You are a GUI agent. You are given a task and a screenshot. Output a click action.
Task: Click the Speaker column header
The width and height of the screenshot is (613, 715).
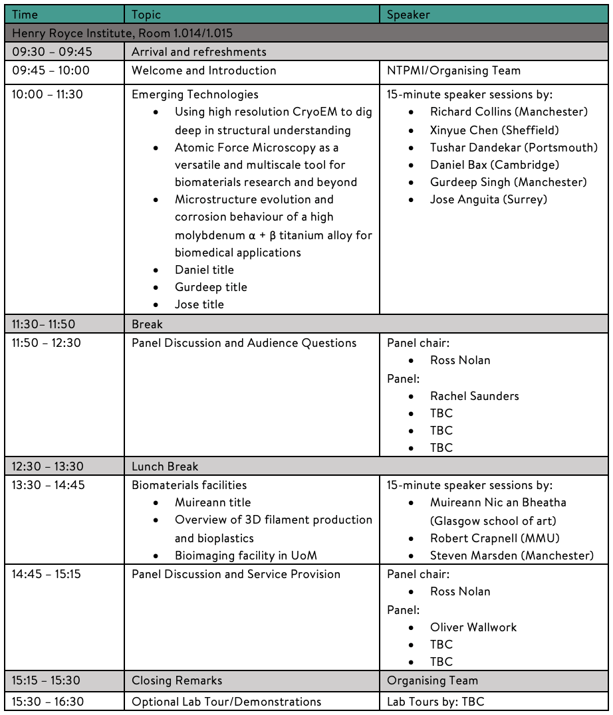(x=408, y=14)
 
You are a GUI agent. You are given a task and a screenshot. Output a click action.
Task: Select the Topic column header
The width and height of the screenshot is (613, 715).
(x=146, y=14)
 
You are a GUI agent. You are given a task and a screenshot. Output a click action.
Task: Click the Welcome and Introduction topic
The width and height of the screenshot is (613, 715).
(x=203, y=70)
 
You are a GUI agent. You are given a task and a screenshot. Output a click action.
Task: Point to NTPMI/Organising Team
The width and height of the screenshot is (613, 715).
(x=453, y=70)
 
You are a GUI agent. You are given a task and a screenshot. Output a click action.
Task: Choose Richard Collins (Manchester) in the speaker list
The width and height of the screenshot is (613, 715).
(x=509, y=112)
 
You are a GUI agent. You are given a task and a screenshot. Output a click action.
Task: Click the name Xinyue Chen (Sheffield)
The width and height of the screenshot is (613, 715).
(x=494, y=130)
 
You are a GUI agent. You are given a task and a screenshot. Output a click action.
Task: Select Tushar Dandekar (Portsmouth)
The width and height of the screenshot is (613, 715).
(x=513, y=148)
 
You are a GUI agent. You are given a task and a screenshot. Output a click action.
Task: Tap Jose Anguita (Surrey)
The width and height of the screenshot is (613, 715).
(x=488, y=199)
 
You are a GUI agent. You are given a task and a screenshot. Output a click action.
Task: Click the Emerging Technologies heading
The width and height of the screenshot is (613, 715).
(x=195, y=94)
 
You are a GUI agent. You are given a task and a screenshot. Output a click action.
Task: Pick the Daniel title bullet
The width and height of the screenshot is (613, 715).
(x=204, y=270)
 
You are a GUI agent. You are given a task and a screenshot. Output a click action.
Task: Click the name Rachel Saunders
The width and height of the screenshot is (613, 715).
(x=474, y=396)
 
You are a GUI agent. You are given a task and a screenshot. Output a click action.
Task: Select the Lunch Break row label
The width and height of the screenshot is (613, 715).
(x=165, y=466)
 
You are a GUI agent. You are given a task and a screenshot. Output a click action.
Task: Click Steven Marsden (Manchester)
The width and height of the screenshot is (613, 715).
(x=511, y=556)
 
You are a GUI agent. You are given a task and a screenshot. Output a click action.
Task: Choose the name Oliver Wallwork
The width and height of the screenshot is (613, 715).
(x=473, y=627)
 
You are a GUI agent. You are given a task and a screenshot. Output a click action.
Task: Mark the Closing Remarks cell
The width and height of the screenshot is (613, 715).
(x=177, y=680)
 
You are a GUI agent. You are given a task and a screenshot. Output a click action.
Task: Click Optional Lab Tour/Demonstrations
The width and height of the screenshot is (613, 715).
(x=226, y=702)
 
